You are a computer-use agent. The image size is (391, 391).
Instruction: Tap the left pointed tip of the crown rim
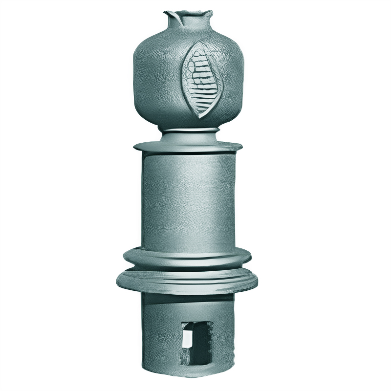167,12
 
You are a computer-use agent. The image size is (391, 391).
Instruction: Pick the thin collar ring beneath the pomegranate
188,130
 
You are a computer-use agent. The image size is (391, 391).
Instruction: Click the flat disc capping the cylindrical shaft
188,146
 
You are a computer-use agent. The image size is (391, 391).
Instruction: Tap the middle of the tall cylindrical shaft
188,200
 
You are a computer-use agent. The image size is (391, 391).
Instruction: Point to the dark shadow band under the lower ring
188,295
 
